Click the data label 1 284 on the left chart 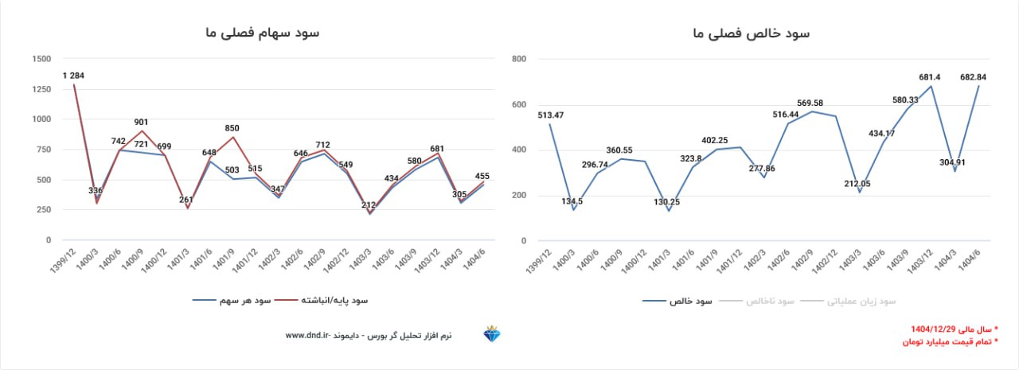click(73, 76)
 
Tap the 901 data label click(141, 123)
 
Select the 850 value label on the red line click(232, 128)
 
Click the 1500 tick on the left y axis click(41, 59)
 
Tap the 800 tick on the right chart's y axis click(520, 59)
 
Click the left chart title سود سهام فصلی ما click(261, 33)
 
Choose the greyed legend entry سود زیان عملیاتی click(863, 302)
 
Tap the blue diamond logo click(493, 334)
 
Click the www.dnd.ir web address click(308, 336)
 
